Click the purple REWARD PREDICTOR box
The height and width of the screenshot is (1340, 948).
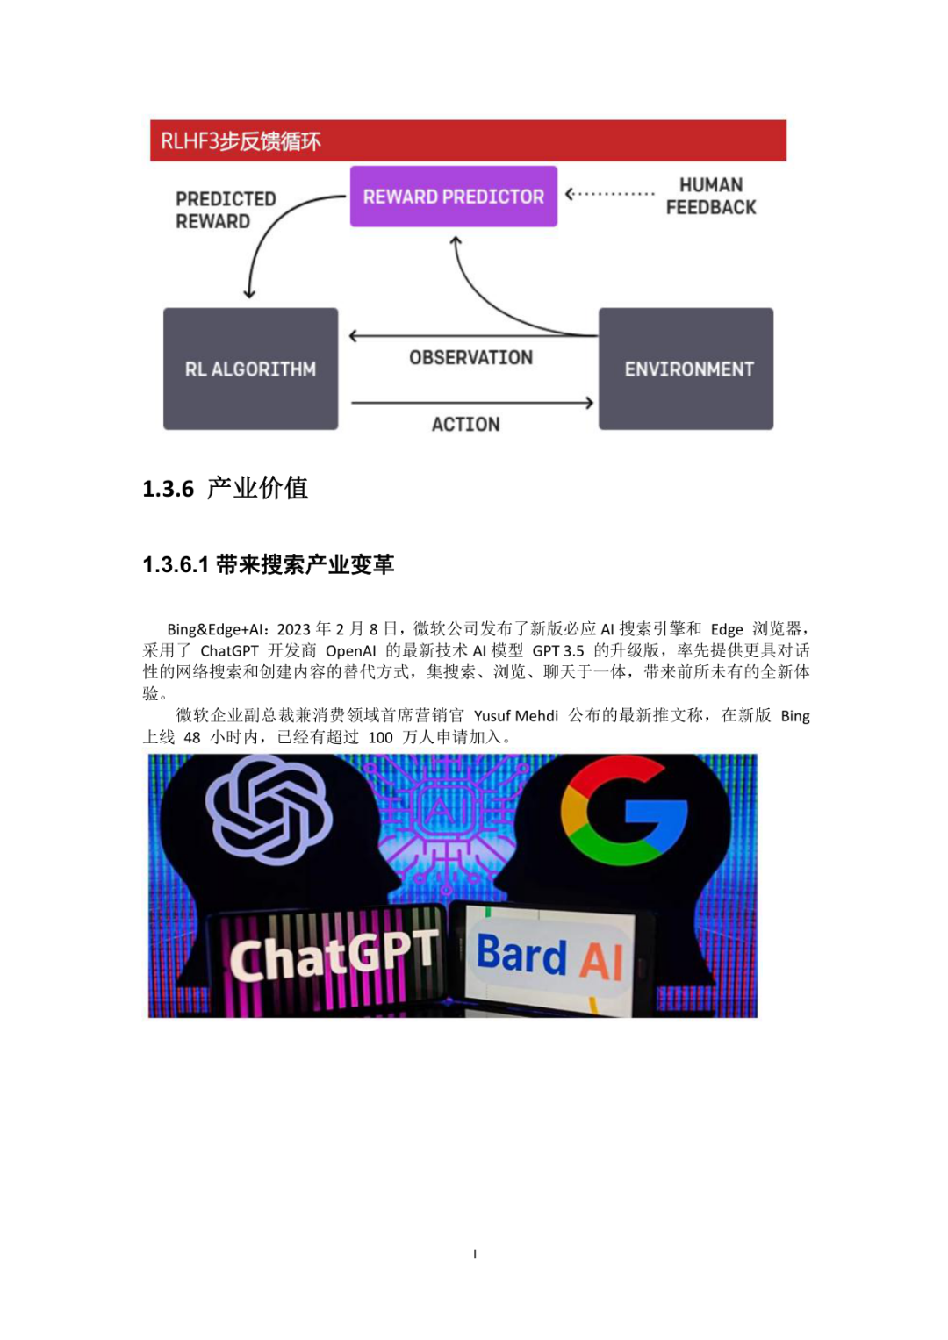coord(453,197)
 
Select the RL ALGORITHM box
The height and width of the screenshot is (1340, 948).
coord(250,369)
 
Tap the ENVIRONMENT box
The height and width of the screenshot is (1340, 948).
coord(686,369)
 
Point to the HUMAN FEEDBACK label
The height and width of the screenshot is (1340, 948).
coord(710,197)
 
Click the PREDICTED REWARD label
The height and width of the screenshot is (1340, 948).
coord(225,210)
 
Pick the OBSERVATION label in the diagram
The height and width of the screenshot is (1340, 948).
coord(470,358)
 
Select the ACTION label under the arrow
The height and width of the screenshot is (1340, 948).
coord(465,425)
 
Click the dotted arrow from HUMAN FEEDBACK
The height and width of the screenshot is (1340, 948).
coord(610,194)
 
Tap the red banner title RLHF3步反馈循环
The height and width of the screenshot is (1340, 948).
coord(241,141)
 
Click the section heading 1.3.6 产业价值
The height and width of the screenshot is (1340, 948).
coord(225,488)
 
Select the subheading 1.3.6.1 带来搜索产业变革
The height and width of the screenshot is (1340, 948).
coord(268,564)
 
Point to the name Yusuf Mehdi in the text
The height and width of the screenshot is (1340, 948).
coord(515,716)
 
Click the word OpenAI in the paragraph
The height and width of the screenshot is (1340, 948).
coord(350,651)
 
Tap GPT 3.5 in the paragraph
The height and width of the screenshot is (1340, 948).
coord(557,651)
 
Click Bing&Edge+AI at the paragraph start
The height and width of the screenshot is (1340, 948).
coord(215,629)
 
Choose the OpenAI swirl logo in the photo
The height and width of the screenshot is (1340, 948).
coord(269,810)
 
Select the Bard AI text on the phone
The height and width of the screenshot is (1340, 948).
coord(549,956)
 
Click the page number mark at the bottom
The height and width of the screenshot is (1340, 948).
coord(475,1254)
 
